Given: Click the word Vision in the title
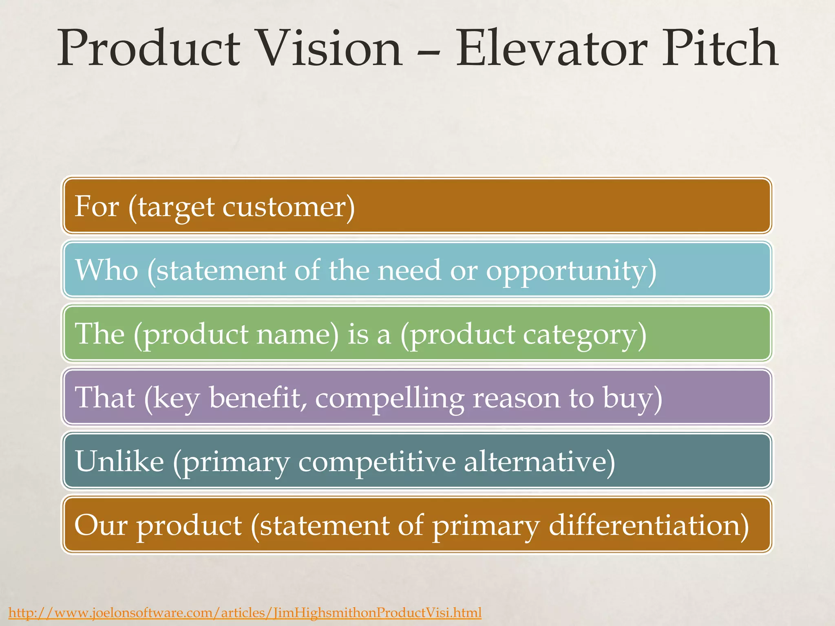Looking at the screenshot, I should coord(330,49).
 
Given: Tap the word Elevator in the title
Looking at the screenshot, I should coord(550,49).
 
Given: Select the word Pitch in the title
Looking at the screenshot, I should coord(719,49).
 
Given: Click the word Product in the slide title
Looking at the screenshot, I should coord(149,49).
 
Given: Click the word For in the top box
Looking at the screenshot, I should coord(97,206).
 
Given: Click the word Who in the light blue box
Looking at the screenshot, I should coord(107,270).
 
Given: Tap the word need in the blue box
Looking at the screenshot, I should coord(409,270).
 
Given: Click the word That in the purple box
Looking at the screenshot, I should coord(105,397).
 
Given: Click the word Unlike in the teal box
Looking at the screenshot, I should coord(119,461).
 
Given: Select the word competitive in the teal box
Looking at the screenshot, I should coord(377,462).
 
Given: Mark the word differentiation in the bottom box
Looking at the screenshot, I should coord(648,525).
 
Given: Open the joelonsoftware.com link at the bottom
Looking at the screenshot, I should coord(245,613).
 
